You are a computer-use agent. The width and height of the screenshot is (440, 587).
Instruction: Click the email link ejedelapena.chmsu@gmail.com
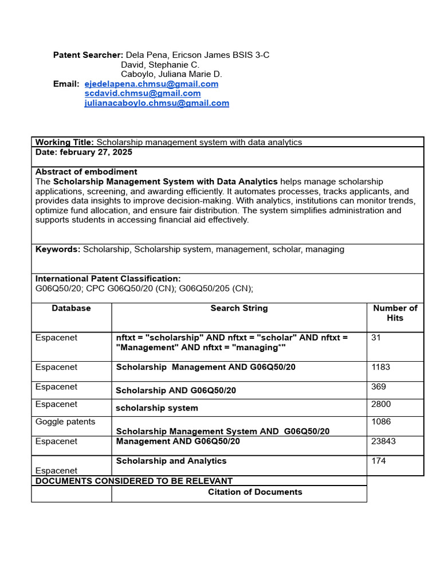(x=151, y=84)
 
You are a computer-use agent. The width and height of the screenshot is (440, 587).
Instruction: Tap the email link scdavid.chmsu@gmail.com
(x=142, y=93)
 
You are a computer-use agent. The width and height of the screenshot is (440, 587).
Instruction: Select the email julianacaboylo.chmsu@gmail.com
(x=156, y=103)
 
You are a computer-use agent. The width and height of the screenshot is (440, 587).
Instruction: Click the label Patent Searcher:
(x=88, y=55)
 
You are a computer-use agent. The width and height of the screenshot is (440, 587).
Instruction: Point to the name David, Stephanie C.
(x=160, y=65)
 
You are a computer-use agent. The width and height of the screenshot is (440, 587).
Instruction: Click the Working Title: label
(x=65, y=142)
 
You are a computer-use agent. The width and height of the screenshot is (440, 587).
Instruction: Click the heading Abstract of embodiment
(x=86, y=171)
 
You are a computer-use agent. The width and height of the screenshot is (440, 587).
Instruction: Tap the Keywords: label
(x=58, y=249)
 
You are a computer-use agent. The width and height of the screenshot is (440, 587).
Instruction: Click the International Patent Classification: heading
(x=108, y=279)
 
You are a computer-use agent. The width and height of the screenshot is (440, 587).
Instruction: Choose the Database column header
(x=71, y=308)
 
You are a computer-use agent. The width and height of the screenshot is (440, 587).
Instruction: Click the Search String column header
(x=239, y=308)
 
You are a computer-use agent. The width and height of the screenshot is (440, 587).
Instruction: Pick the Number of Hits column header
(x=395, y=313)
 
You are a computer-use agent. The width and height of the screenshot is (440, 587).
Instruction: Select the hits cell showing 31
(x=376, y=338)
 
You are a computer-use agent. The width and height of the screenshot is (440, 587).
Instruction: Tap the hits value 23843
(x=383, y=441)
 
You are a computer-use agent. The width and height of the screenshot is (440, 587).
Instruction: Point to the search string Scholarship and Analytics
(x=171, y=461)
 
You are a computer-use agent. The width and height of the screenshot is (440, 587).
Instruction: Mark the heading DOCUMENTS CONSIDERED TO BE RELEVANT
(x=134, y=481)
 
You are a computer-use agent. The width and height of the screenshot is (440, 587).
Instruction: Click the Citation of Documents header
(x=255, y=492)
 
